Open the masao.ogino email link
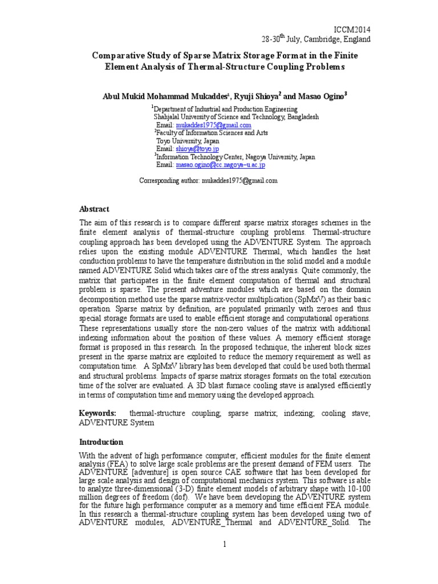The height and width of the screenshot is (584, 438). [x=220, y=165]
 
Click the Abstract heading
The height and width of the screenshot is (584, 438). [x=94, y=209]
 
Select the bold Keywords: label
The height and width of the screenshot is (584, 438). [x=98, y=413]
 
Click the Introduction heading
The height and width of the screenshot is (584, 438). [x=101, y=442]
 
